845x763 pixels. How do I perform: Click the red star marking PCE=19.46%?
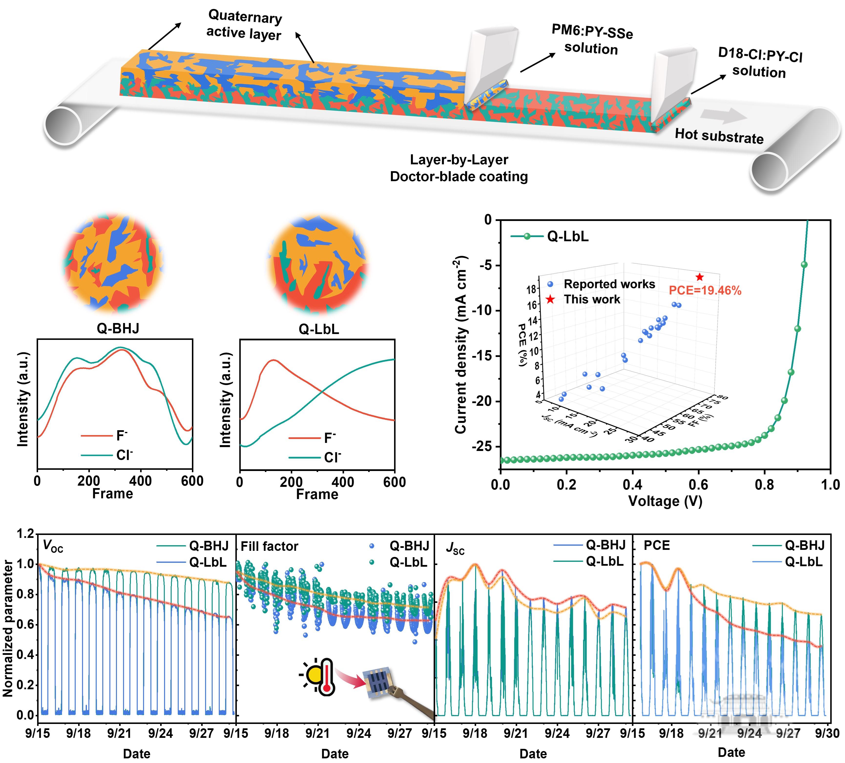click(x=699, y=277)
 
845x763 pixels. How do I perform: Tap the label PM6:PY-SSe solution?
click(x=591, y=40)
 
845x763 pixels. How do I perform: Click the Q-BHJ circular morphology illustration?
click(x=113, y=264)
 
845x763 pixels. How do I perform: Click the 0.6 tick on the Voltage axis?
click(x=698, y=485)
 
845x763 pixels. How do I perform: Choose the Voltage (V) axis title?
click(x=665, y=501)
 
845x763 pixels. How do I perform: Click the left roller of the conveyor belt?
click(x=63, y=126)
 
